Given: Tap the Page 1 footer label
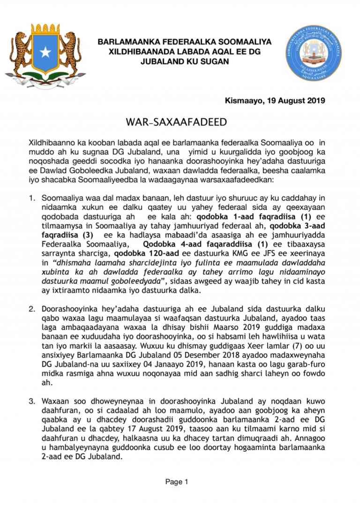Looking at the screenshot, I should pos(176,481).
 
